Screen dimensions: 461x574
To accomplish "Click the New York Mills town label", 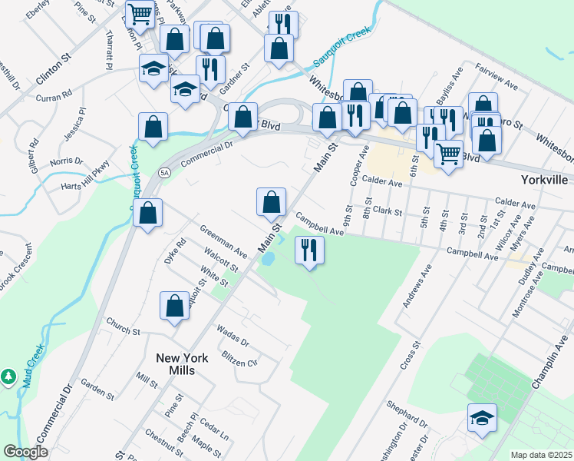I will [x=175, y=363].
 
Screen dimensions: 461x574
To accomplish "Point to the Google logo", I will [x=25, y=452].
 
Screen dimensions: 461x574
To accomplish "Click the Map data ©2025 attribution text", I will [x=541, y=455].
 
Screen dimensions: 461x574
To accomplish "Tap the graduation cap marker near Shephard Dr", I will [x=483, y=420].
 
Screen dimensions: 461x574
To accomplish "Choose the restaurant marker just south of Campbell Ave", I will [x=309, y=250].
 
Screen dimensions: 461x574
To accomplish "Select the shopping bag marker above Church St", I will [x=174, y=305].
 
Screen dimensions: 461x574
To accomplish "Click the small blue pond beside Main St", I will [x=269, y=259].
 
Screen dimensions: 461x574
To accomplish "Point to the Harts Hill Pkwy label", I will [x=87, y=177].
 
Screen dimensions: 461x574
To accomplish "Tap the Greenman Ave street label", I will [x=223, y=242].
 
